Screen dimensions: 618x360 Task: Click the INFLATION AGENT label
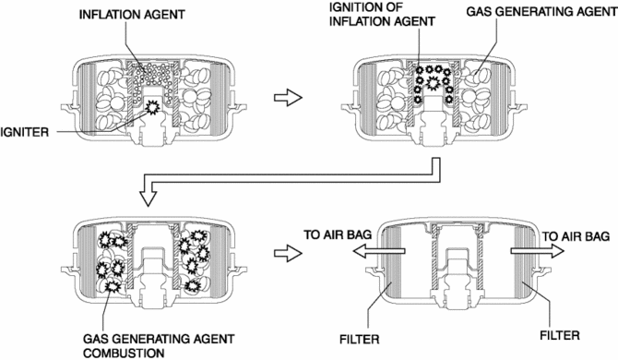pos(132,15)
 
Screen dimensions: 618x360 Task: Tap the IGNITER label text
pos(24,132)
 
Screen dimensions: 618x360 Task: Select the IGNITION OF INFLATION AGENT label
pos(382,15)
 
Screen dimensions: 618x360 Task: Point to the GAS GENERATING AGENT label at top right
pos(542,11)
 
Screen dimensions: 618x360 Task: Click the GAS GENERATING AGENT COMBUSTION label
pos(159,345)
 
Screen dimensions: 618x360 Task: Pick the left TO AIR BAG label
pos(338,234)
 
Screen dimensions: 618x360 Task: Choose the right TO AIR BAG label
pos(576,236)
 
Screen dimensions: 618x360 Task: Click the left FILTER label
pos(360,339)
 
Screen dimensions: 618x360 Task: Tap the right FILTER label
pos(560,336)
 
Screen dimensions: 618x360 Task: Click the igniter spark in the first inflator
pos(152,107)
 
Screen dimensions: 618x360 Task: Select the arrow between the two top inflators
pos(288,98)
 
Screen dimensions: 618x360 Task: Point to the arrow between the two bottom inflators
pos(288,253)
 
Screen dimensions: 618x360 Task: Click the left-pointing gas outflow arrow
pos(378,251)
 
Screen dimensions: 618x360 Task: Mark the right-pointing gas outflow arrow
pos(538,251)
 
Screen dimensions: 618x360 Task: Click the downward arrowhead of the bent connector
pos(149,198)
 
